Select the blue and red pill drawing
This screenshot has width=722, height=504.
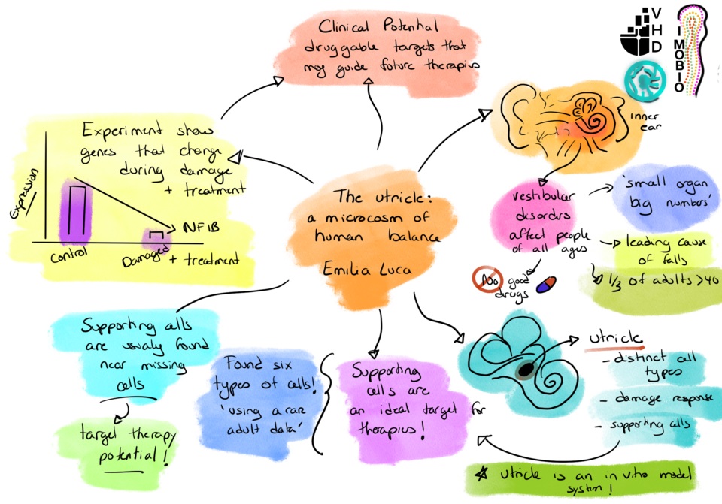546,285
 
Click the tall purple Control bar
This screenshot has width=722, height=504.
77,213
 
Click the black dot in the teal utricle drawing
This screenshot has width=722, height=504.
525,370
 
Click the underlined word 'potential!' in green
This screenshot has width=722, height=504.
129,455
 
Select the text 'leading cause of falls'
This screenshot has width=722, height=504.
657,251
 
